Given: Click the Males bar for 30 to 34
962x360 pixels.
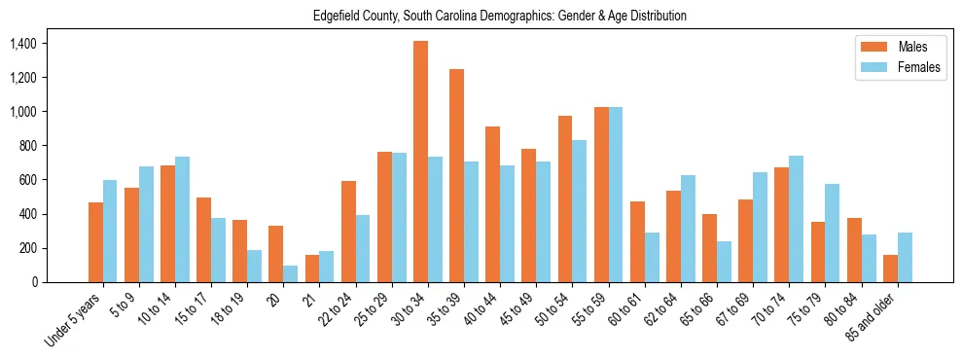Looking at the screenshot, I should (420, 162).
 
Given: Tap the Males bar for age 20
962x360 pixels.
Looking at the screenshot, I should (276, 254).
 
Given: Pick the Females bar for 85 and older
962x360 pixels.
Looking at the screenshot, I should (905, 257).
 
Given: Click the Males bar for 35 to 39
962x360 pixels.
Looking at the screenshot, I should (456, 175).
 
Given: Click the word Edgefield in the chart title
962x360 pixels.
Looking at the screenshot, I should (337, 16).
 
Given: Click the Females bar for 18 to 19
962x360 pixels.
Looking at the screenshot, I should (254, 266).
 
